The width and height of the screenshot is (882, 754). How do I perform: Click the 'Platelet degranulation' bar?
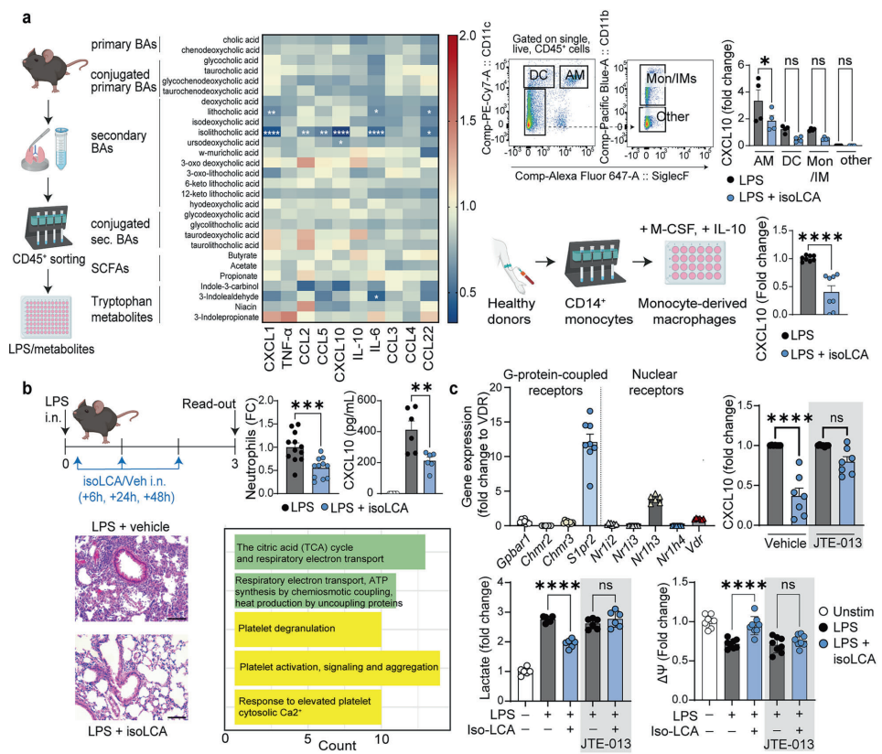[307, 629]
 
